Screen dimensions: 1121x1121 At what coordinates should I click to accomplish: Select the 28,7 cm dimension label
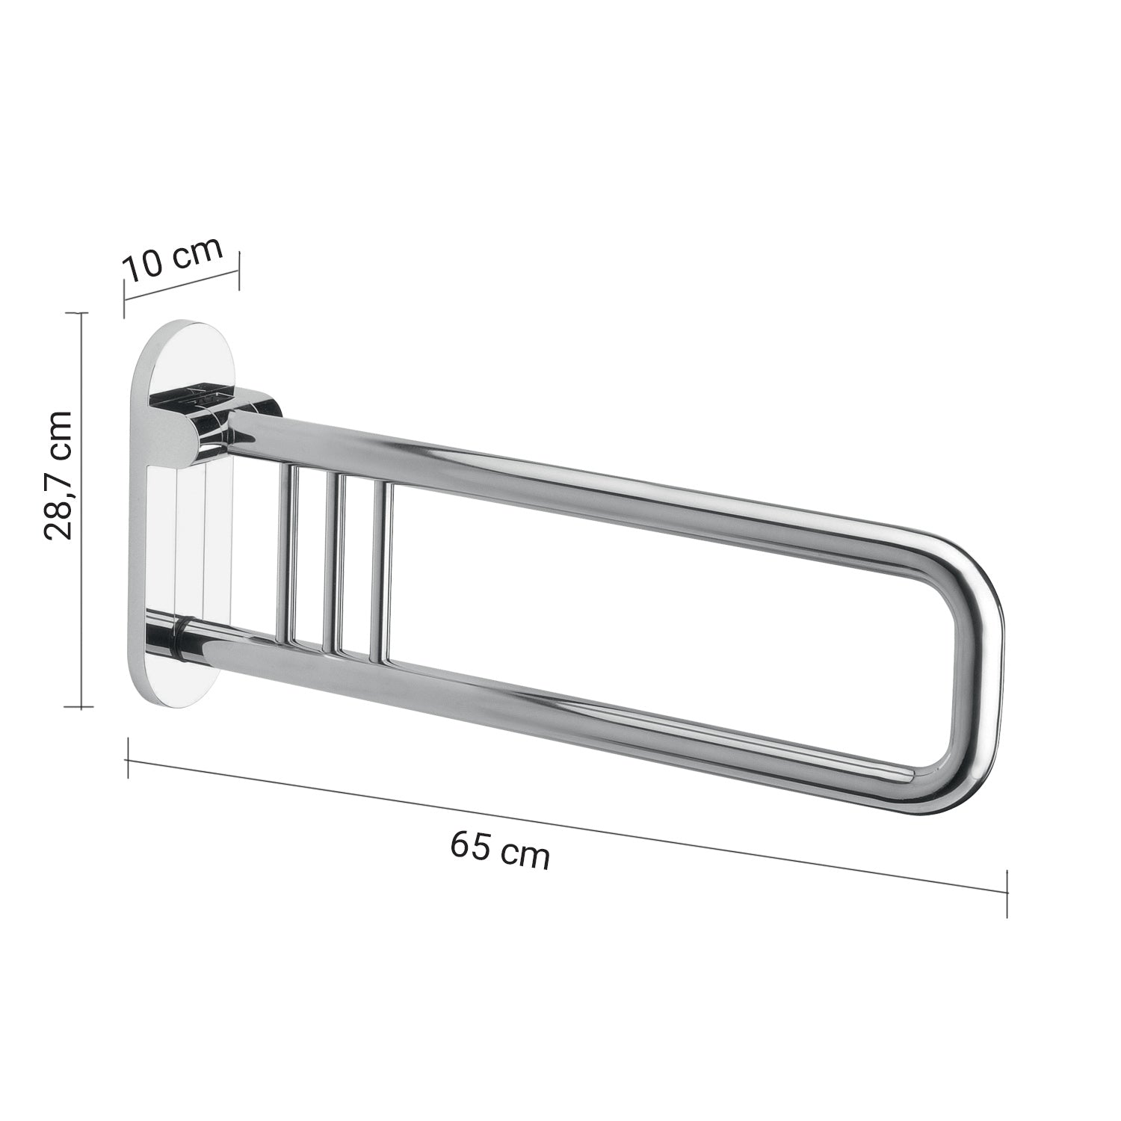click(58, 475)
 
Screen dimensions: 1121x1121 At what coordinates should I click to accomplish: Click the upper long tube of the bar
click(598, 486)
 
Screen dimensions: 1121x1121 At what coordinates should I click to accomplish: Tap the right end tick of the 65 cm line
click(1008, 891)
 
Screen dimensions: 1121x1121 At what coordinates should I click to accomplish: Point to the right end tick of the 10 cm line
click(238, 270)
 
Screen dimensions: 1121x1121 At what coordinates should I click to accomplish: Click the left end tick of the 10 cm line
click(125, 298)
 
